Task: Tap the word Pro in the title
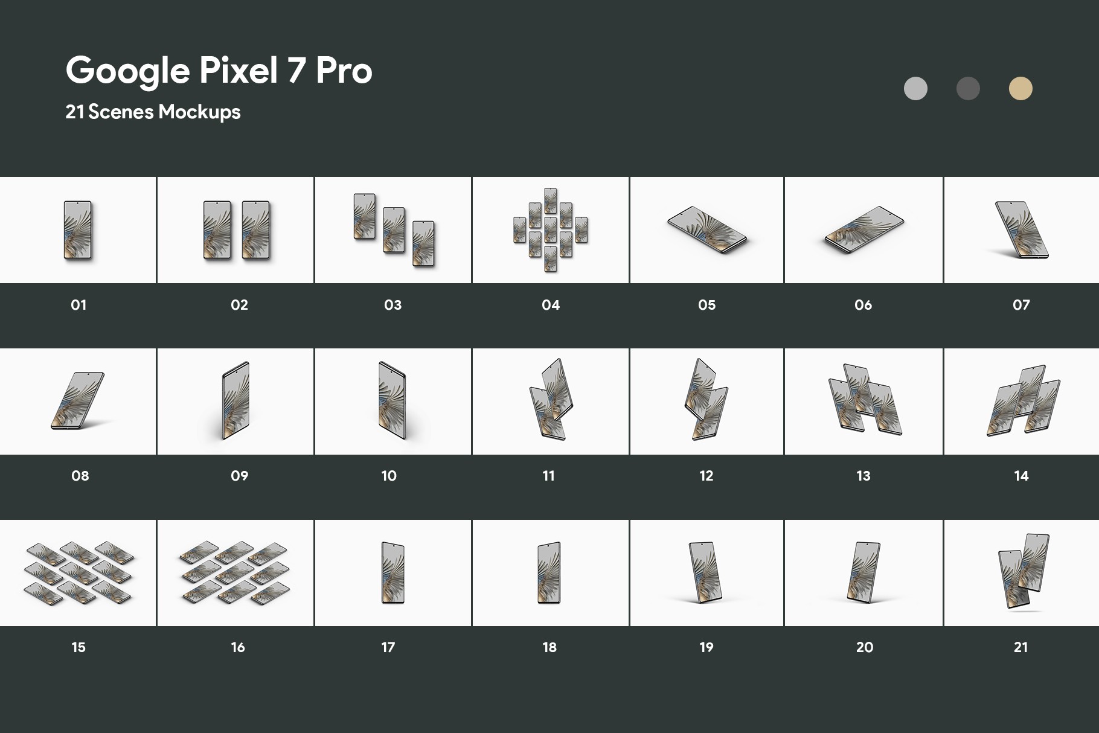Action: pos(344,71)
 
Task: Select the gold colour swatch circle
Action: pos(1020,89)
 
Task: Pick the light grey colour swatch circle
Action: pos(915,89)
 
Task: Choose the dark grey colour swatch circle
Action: pos(968,89)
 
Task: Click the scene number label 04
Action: pos(551,305)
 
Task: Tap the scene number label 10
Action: pos(389,476)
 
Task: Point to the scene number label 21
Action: pos(1020,647)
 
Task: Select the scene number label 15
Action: pos(78,647)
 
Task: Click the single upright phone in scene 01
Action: pos(78,230)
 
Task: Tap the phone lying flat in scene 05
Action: pos(707,230)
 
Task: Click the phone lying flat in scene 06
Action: pos(864,230)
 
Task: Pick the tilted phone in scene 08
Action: pos(78,401)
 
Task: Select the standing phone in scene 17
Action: pos(392,572)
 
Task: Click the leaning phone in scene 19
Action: pos(705,572)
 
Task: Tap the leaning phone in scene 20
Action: pos(863,572)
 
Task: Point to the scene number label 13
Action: pos(863,476)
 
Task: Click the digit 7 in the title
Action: pos(296,71)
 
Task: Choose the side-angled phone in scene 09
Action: pos(235,400)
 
